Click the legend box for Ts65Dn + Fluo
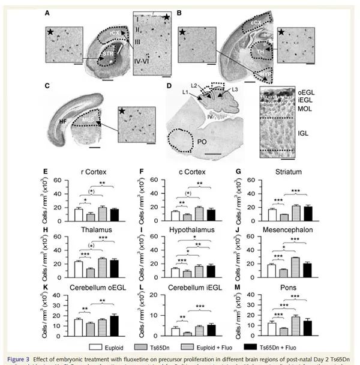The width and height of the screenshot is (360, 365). coord(255,346)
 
